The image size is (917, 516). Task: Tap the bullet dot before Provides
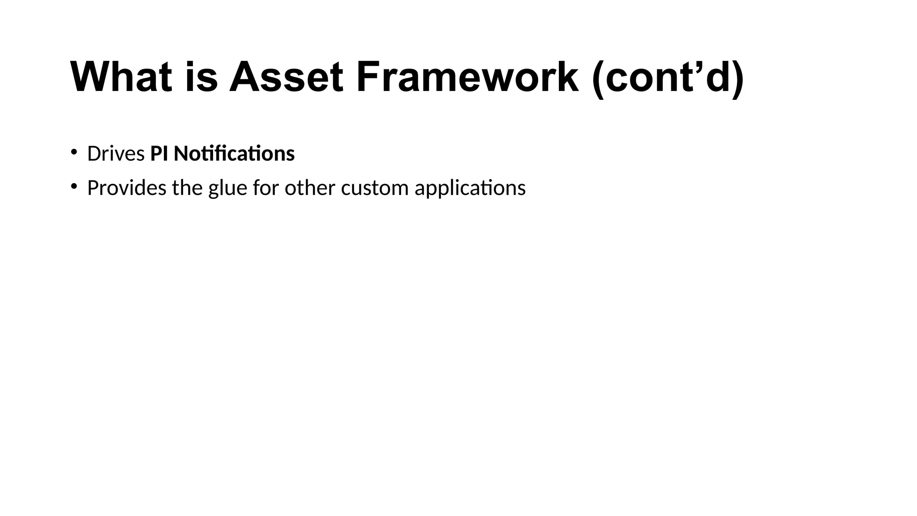pyautogui.click(x=73, y=186)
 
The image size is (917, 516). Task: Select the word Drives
pyautogui.click(x=116, y=154)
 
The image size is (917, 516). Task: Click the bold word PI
pyautogui.click(x=159, y=154)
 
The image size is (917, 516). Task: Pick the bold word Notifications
pyautogui.click(x=234, y=154)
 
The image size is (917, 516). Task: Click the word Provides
pyautogui.click(x=127, y=188)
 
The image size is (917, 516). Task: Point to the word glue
pyautogui.click(x=227, y=189)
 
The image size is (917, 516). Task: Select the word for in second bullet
pyautogui.click(x=266, y=188)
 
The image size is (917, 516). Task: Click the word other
pyautogui.click(x=310, y=188)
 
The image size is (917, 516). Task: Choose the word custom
pyautogui.click(x=375, y=188)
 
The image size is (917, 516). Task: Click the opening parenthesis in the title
pyautogui.click(x=599, y=78)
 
